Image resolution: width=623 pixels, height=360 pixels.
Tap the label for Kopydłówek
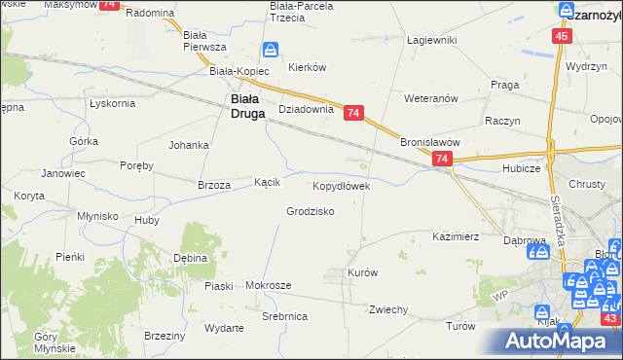pyautogui.click(x=340, y=185)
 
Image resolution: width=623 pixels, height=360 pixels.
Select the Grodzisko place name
pyautogui.click(x=311, y=211)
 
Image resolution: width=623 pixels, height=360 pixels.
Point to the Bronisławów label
pyautogui.click(x=429, y=141)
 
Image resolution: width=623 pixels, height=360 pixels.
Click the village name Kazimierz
pyautogui.click(x=456, y=236)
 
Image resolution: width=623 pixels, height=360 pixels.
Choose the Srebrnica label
pyautogui.click(x=285, y=317)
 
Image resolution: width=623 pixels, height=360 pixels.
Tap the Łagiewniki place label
pyautogui.click(x=431, y=40)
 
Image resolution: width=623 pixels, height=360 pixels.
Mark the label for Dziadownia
pyautogui.click(x=307, y=110)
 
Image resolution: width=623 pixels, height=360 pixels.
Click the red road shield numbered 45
pyautogui.click(x=561, y=36)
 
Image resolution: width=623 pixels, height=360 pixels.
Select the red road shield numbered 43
pyautogui.click(x=610, y=318)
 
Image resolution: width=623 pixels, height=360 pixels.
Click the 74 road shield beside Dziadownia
pyautogui.click(x=353, y=114)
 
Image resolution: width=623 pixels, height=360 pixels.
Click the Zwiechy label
pyautogui.click(x=387, y=309)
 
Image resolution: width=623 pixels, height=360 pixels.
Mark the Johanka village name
pyautogui.click(x=189, y=146)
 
